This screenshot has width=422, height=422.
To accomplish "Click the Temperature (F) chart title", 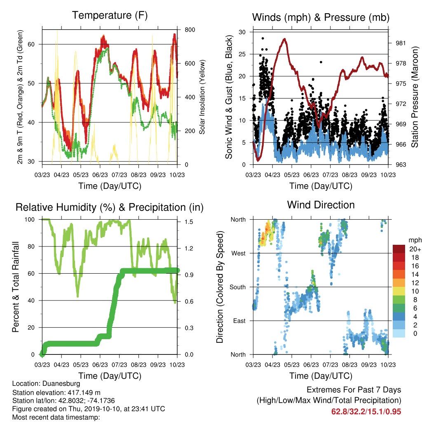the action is (110, 15).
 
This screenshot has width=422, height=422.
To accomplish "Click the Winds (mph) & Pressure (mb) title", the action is (321, 17).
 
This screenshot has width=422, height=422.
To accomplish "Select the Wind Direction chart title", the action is (321, 205).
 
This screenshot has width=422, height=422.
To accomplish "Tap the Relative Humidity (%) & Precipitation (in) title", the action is (110, 208).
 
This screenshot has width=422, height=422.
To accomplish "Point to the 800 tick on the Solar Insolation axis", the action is (190, 30).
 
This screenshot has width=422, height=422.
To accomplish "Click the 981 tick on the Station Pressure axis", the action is (401, 43).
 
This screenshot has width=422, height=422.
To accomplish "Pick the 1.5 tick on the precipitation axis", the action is (189, 222).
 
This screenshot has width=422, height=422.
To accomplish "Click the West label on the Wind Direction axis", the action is (239, 253).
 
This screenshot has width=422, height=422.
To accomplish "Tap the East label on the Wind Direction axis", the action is (239, 321).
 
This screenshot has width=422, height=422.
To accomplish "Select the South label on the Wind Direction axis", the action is (238, 287).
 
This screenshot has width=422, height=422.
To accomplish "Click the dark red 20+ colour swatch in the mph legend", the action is (399, 249).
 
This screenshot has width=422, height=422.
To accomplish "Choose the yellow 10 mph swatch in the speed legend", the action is (399, 291).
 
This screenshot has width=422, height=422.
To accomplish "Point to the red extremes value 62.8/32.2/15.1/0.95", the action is (366, 412).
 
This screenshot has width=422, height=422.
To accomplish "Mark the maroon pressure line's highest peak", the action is (284, 39).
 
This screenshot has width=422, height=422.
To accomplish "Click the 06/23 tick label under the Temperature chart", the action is (100, 175).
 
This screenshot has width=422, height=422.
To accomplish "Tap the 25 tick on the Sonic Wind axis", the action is (242, 54).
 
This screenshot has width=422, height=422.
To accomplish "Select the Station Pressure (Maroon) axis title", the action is (415, 97).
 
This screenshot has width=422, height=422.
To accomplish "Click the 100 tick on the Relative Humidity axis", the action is (30, 220).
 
